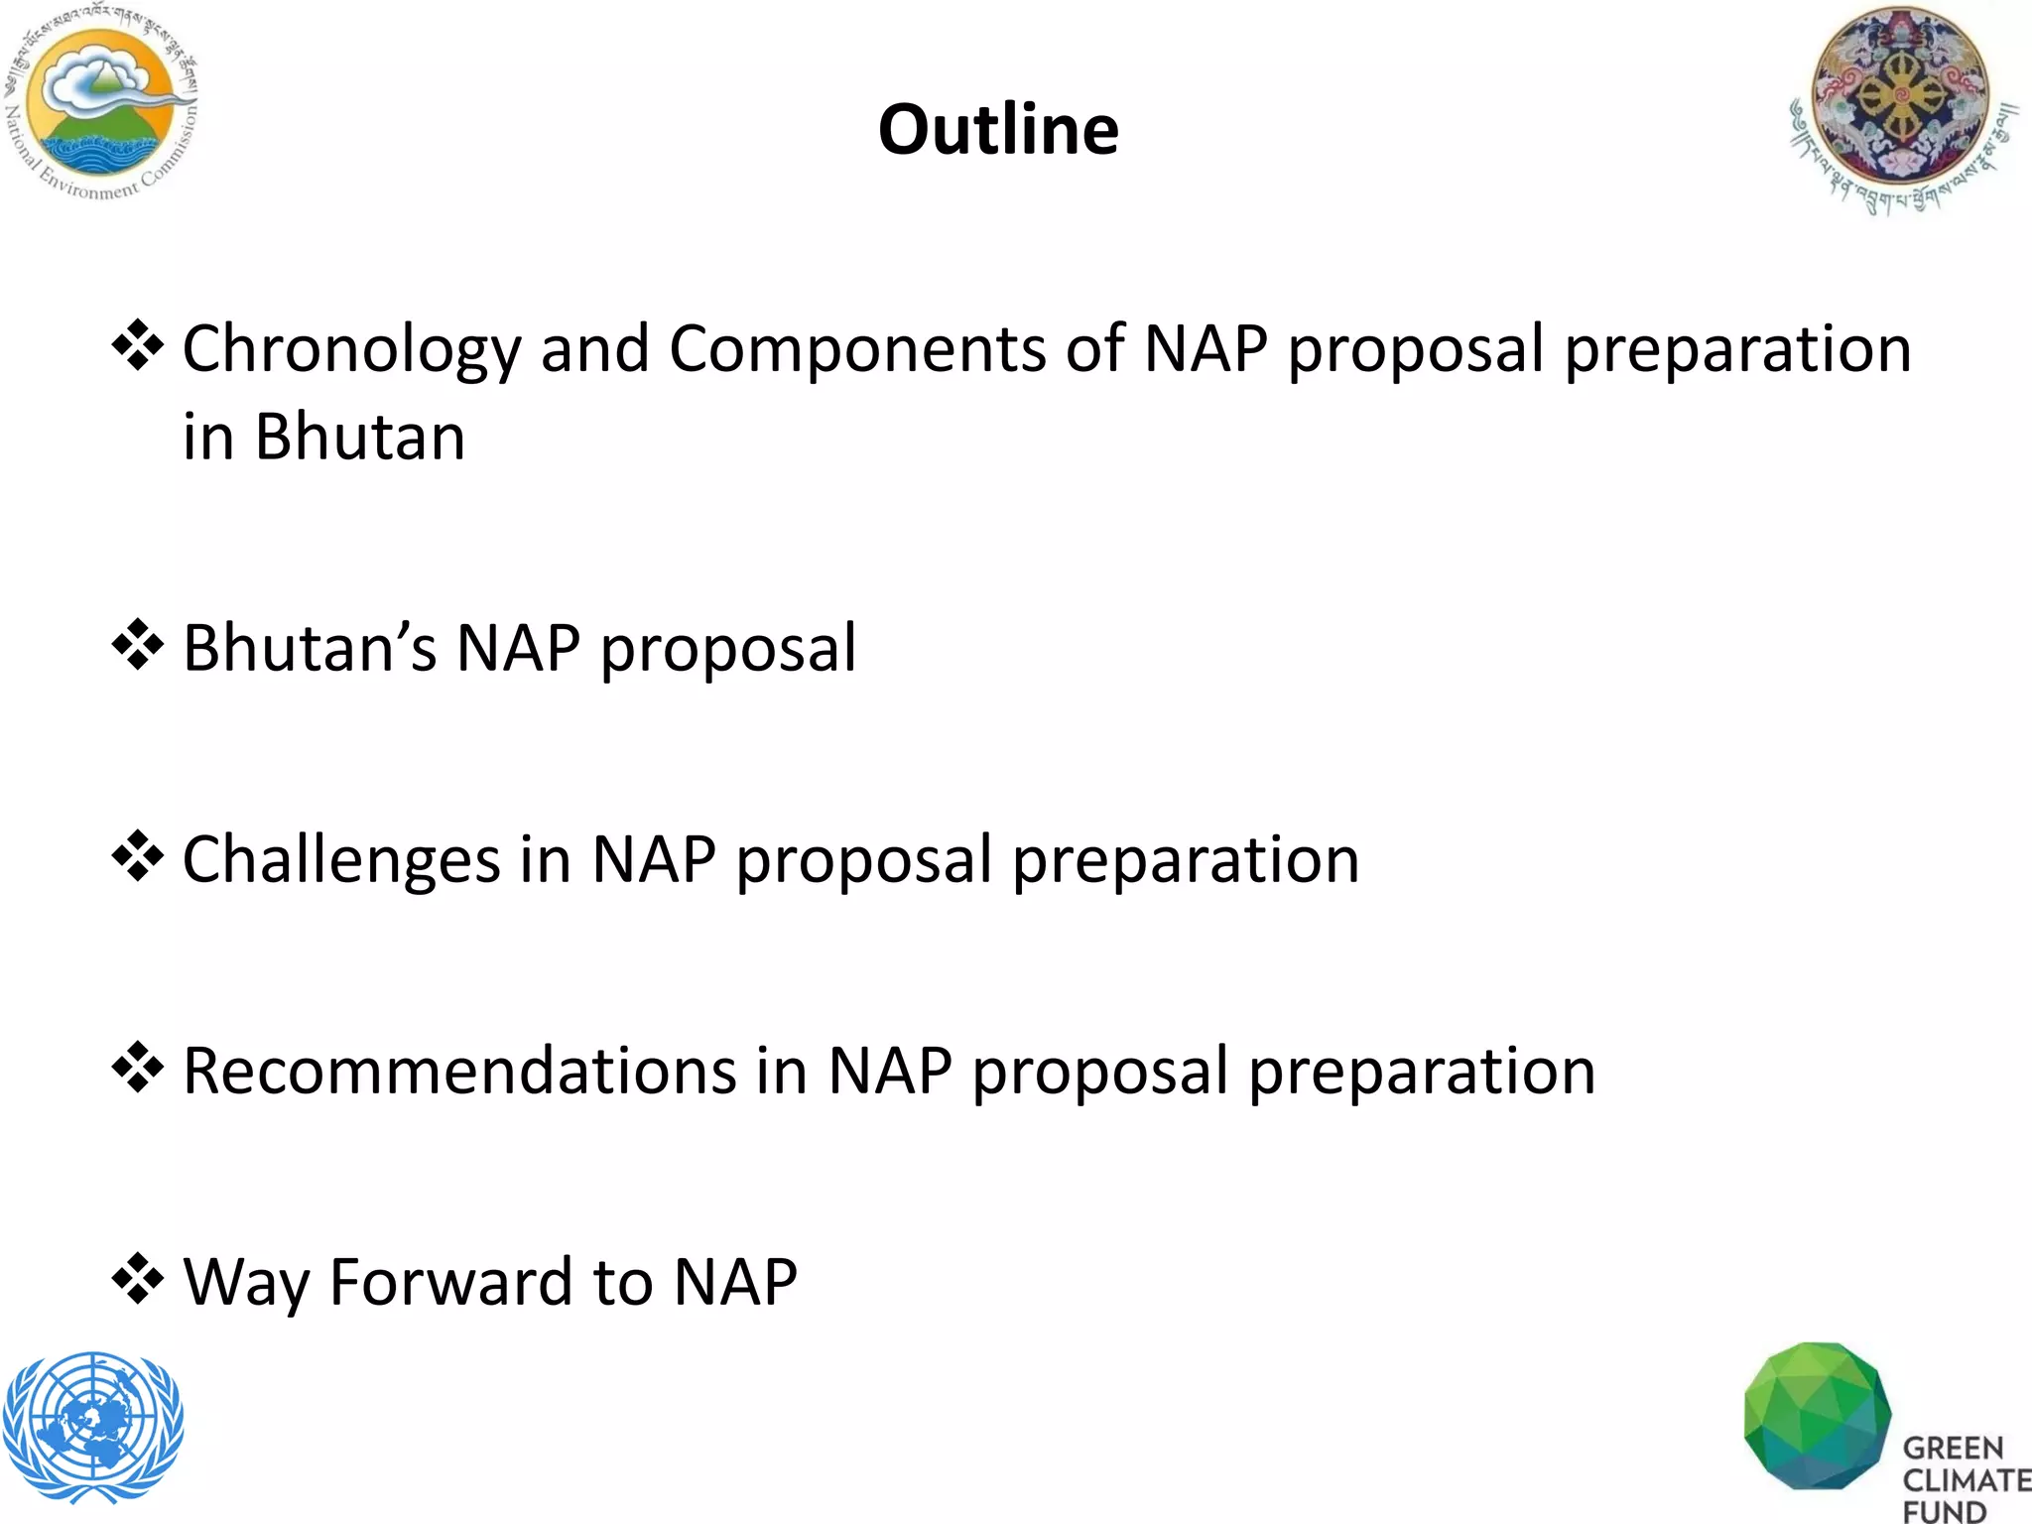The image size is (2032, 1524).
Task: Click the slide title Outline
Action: click(x=998, y=130)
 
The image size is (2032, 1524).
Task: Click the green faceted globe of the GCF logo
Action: click(x=1817, y=1417)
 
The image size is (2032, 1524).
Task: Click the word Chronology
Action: click(x=351, y=350)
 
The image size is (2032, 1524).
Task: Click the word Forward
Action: click(x=451, y=1282)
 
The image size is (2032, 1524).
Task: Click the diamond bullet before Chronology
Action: click(x=137, y=346)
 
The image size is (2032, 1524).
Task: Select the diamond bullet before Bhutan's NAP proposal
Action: click(x=137, y=645)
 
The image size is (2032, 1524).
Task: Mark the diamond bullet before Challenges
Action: click(x=137, y=856)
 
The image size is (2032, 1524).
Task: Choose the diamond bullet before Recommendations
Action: click(x=137, y=1068)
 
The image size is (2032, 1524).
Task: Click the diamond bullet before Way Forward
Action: click(x=137, y=1279)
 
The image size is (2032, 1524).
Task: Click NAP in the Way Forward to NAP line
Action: click(x=734, y=1282)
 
